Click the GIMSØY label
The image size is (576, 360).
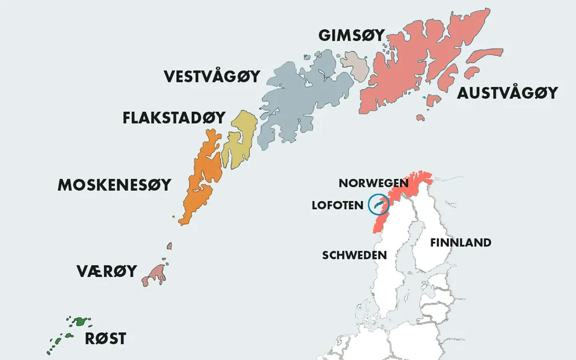(351, 35)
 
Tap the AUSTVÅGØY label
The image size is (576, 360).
(507, 93)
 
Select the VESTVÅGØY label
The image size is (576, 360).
(212, 76)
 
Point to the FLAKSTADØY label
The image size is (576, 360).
(174, 118)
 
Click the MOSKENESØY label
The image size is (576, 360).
(114, 185)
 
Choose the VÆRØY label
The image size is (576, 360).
(106, 271)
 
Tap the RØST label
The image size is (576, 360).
(105, 338)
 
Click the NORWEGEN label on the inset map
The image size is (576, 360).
(374, 183)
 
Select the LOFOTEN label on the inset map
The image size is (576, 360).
(337, 205)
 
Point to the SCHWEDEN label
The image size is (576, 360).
(354, 255)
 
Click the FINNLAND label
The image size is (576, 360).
(460, 243)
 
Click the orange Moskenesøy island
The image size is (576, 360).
(202, 173)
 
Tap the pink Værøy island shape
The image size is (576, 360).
(157, 273)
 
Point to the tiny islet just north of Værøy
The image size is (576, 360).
(169, 246)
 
